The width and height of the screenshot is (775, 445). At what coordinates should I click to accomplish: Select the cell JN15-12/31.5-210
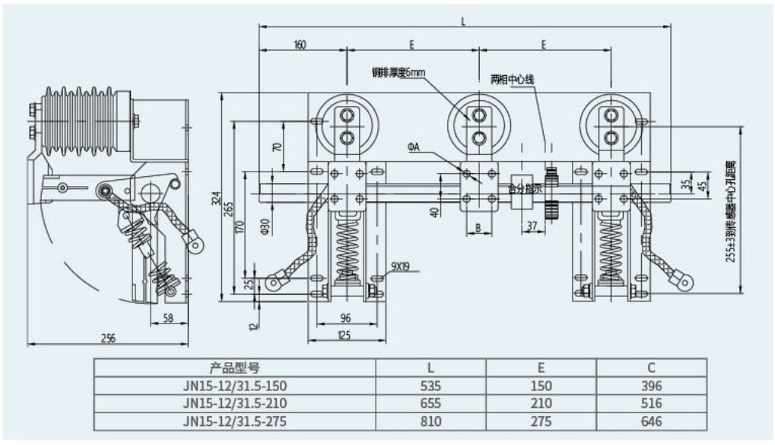pyautogui.click(x=235, y=403)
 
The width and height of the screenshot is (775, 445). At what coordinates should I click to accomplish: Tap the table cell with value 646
pyautogui.click(x=651, y=421)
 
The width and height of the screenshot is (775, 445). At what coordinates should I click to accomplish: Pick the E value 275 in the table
pyautogui.click(x=541, y=421)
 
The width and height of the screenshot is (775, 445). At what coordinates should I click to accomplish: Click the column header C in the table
pyautogui.click(x=651, y=368)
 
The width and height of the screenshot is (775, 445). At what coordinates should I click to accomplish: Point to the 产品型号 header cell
pyautogui.click(x=235, y=368)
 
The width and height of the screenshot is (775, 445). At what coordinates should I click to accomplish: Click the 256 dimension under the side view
pyautogui.click(x=108, y=339)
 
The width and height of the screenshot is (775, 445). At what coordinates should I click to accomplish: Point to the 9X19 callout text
pyautogui.click(x=401, y=266)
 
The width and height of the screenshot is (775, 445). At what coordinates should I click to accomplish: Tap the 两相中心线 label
pyautogui.click(x=509, y=79)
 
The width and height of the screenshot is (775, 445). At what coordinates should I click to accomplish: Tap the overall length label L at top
pyautogui.click(x=464, y=21)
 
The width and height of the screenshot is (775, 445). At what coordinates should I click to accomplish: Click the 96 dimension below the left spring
pyautogui.click(x=345, y=317)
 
